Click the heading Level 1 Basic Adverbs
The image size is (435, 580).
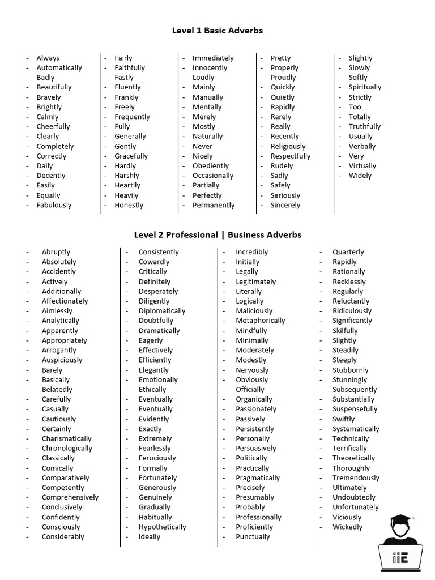coord(217,31)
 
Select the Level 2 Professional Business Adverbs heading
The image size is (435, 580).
coord(217,234)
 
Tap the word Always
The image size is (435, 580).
coord(48,58)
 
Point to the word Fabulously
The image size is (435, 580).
coord(54,205)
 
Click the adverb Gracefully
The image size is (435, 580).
coord(131,156)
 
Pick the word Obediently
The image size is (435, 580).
coord(211,166)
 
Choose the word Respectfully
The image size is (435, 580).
coord(291,156)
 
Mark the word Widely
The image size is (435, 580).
coord(360,176)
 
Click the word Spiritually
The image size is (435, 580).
coord(365,87)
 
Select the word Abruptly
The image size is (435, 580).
coord(56,252)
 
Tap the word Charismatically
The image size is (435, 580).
coord(66,438)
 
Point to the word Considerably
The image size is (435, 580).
coord(63,536)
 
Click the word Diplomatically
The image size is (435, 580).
coord(162,311)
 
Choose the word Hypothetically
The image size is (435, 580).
coord(163,527)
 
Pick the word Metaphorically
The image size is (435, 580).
coord(261,321)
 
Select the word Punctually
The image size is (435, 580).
coord(253,536)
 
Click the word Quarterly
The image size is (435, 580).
coord(348,252)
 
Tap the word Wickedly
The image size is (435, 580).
coord(347,527)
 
